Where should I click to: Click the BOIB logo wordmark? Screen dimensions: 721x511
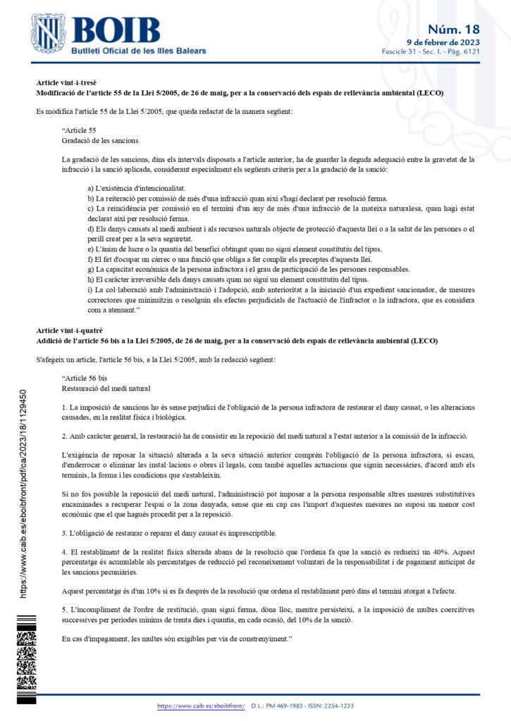click(116, 31)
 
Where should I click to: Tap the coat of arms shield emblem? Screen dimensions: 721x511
click(49, 35)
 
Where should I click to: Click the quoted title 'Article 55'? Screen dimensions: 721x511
click(79, 131)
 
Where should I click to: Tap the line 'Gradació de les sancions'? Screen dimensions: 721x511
click(100, 140)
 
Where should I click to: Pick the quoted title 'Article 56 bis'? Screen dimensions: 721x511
click(85, 379)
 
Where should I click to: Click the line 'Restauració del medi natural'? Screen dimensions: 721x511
click(106, 388)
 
